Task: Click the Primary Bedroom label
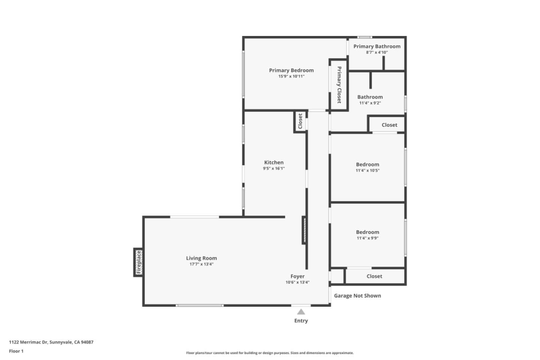click(291, 70)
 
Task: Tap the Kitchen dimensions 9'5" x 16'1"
click(274, 169)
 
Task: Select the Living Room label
click(201, 258)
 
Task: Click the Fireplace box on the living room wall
click(138, 262)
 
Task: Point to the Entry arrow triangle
click(301, 312)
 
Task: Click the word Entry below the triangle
click(301, 321)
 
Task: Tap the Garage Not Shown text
click(357, 295)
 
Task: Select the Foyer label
click(297, 276)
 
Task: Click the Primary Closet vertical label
click(339, 85)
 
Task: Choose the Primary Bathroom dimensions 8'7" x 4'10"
click(377, 52)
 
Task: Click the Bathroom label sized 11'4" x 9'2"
click(370, 97)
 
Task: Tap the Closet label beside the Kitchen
click(300, 121)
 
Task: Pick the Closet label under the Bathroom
click(389, 125)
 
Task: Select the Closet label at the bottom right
click(374, 276)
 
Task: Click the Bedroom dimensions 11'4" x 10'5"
click(367, 171)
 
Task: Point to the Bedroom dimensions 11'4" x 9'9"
click(367, 238)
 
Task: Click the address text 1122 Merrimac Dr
click(51, 342)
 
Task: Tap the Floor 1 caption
click(16, 351)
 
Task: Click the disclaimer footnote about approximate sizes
click(270, 353)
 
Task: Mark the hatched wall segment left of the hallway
click(304, 230)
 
